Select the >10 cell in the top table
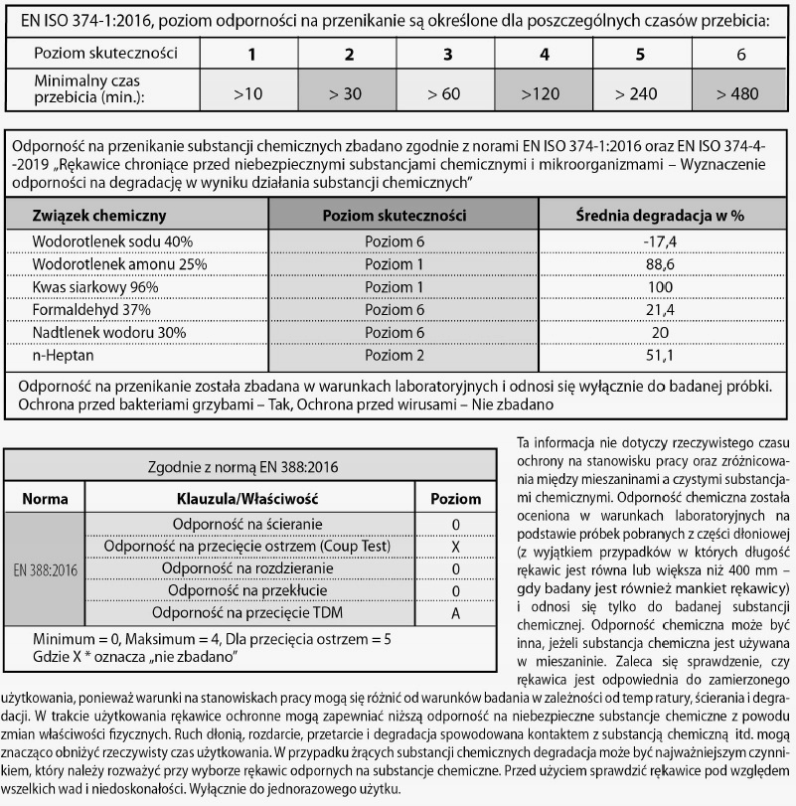247,93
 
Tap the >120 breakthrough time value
543,93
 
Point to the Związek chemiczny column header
98,215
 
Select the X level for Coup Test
455,546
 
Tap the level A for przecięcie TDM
455,613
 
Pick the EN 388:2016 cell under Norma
45,568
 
